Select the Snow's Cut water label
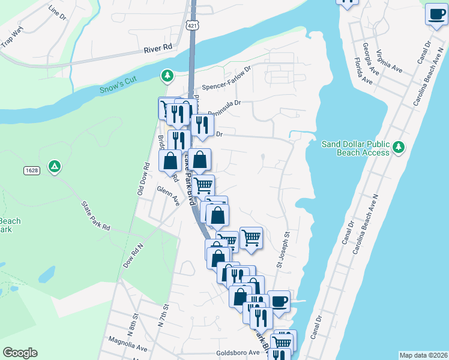click(x=118, y=89)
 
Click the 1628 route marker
click(x=32, y=171)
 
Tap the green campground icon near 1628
click(x=55, y=166)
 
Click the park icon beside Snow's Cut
click(x=167, y=76)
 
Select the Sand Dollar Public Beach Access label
click(x=355, y=148)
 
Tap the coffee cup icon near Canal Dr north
click(x=436, y=14)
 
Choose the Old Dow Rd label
click(x=143, y=179)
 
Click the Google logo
click(x=20, y=353)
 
